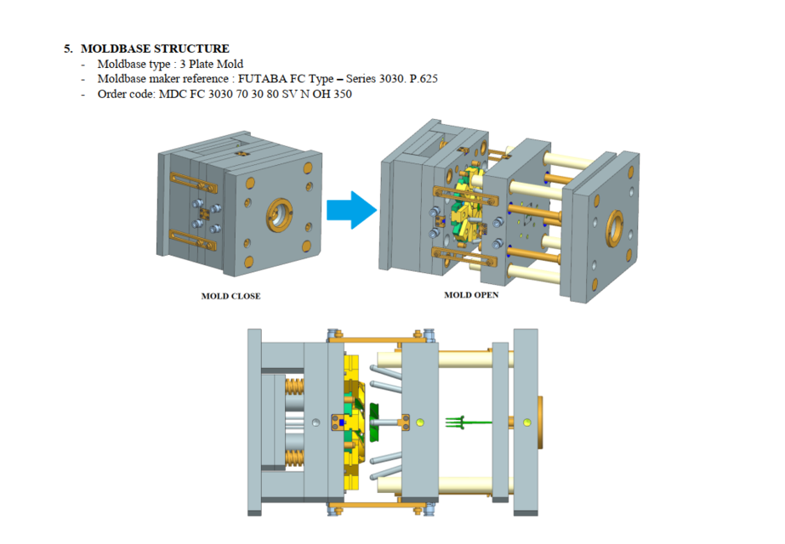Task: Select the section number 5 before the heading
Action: (x=67, y=49)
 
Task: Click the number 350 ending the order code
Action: (x=342, y=94)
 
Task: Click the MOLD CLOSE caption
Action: (x=230, y=297)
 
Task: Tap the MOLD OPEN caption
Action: (x=471, y=296)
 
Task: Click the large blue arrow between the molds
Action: (x=351, y=209)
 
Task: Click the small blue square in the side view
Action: (x=342, y=422)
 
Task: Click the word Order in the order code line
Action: (x=112, y=94)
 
